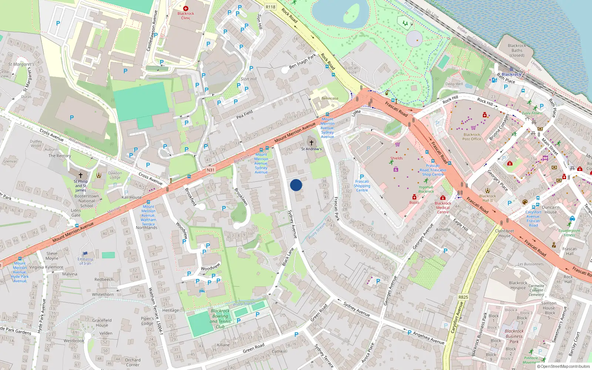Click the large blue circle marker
pyautogui.click(x=296, y=185)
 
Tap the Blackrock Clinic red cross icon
pyautogui.click(x=186, y=8)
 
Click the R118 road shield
pyautogui.click(x=270, y=7)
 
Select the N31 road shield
pyautogui.click(x=211, y=170)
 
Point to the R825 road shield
pyautogui.click(x=463, y=297)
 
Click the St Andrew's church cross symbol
pyautogui.click(x=312, y=142)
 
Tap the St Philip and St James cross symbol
pyautogui.click(x=81, y=175)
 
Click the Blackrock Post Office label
pyautogui.click(x=472, y=137)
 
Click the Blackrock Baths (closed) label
pyautogui.click(x=517, y=50)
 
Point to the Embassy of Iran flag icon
pyautogui.click(x=85, y=254)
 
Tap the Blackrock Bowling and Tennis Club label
pyautogui.click(x=220, y=319)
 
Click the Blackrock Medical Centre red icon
pyautogui.click(x=443, y=198)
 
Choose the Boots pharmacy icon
pyautogui.click(x=414, y=197)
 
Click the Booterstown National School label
pyautogui.click(x=87, y=201)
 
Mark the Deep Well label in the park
pyautogui.click(x=454, y=84)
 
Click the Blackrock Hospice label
pyautogui.click(x=518, y=285)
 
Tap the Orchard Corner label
pyautogui.click(x=132, y=362)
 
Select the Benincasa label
pyautogui.click(x=330, y=98)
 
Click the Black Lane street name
pyautogui.click(x=288, y=256)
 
